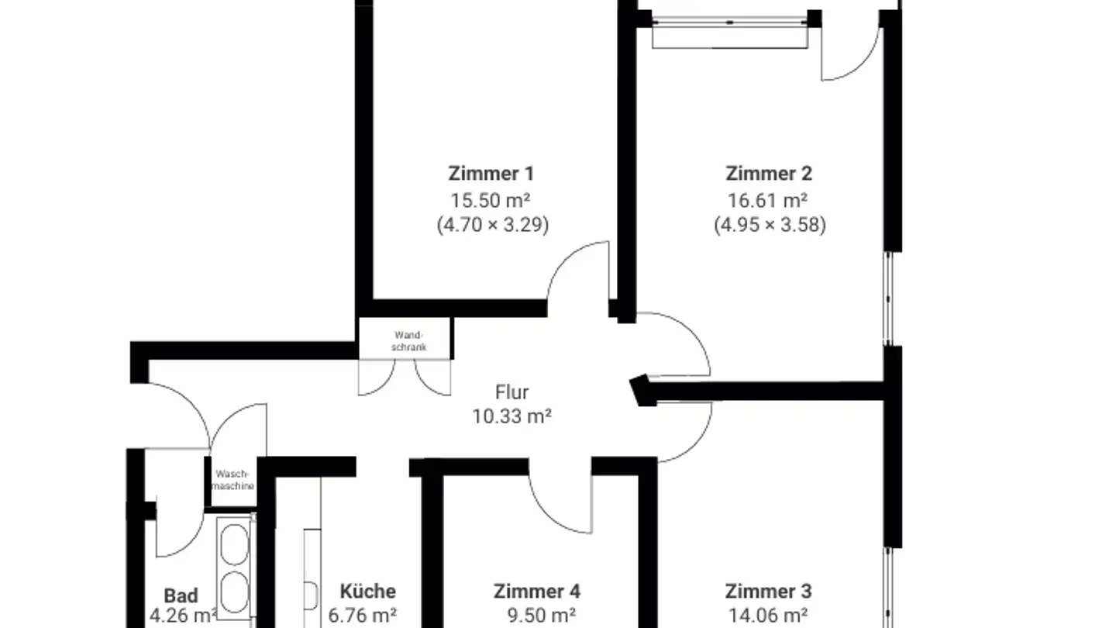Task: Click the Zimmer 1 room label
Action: (x=491, y=173)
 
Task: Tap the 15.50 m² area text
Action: (x=491, y=199)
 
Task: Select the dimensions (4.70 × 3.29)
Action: (x=491, y=225)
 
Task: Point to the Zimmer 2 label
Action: (x=768, y=173)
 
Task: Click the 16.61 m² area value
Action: (x=768, y=199)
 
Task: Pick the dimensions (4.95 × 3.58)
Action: (x=769, y=225)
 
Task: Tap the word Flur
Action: (x=511, y=392)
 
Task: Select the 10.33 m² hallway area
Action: (x=511, y=416)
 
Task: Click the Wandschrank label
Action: (x=408, y=341)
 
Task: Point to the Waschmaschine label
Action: (x=233, y=480)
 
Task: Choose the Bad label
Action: (x=181, y=595)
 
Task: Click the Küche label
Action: (x=367, y=591)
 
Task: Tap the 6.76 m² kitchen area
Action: (x=363, y=616)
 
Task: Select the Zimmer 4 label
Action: (x=536, y=591)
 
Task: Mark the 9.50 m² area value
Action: (x=541, y=616)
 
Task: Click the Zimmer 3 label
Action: (x=768, y=591)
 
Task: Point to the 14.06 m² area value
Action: (x=768, y=616)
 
